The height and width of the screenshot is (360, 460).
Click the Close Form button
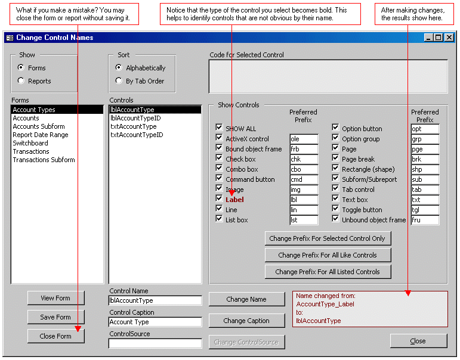coord(55,336)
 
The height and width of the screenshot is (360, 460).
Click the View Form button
coord(55,298)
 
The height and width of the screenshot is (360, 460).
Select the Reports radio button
coord(21,81)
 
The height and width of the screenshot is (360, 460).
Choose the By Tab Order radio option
coord(119,81)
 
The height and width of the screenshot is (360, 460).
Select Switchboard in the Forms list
coord(30,143)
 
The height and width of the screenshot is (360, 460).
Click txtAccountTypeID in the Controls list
coord(137,135)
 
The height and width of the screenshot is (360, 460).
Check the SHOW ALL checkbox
coord(219,128)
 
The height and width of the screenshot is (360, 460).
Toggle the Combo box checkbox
coord(219,169)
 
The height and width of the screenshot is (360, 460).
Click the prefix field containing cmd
coord(304,179)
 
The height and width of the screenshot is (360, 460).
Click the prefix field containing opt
coord(425,129)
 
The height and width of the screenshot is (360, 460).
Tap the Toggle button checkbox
coord(335,209)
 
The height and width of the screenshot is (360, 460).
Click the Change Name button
coord(246,299)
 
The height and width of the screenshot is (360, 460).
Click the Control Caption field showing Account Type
coord(155,322)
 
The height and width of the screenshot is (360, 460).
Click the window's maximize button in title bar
coord(439,38)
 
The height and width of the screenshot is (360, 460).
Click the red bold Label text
coord(234,200)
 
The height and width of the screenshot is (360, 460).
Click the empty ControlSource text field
coord(155,343)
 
